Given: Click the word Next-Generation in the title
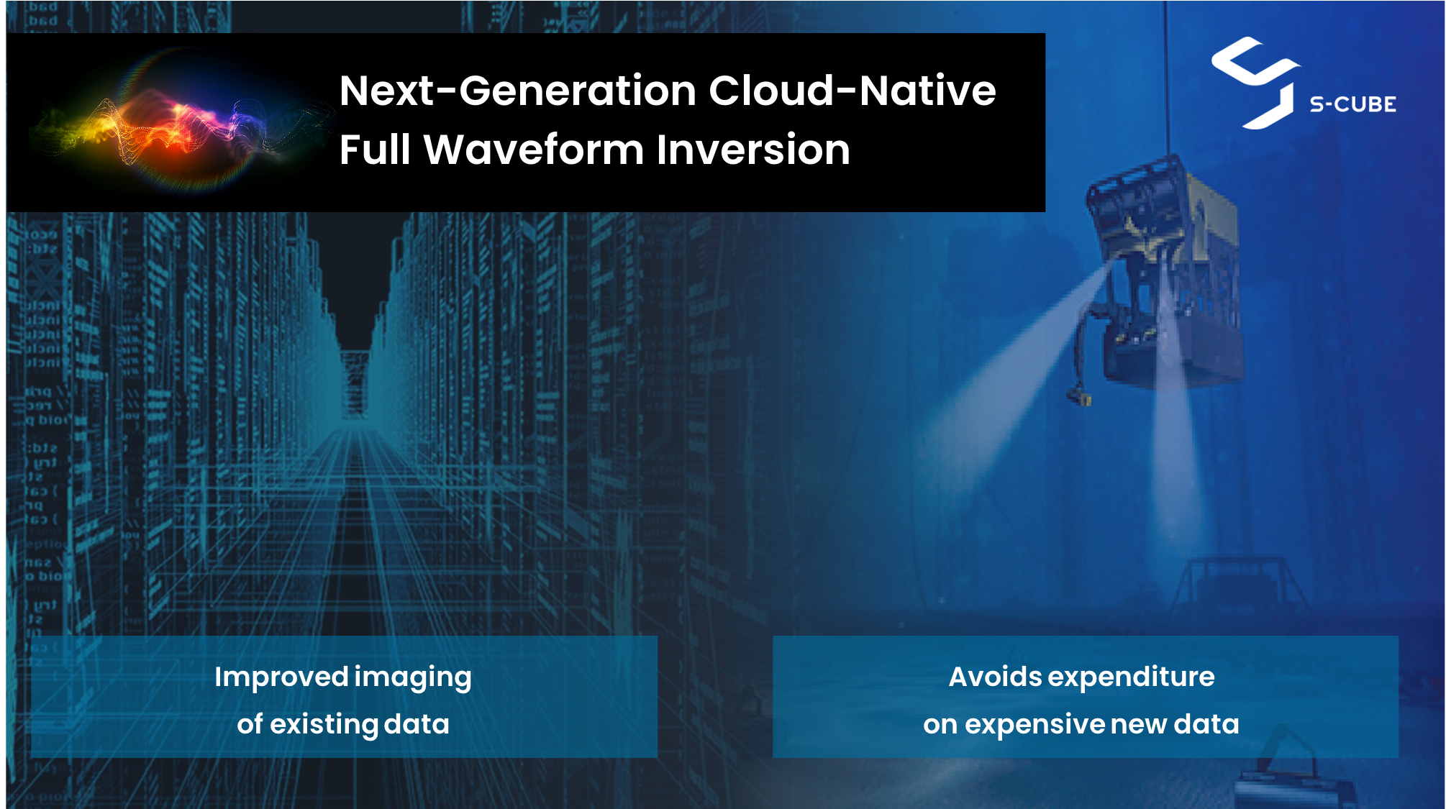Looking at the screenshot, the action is (518, 91).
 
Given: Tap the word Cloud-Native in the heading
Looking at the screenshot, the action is (852, 91).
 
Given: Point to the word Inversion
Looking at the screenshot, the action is (753, 150).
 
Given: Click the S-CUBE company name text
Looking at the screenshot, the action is (1352, 105).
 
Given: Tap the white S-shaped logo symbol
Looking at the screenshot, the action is (1255, 83).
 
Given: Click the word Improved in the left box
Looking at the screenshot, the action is (281, 677).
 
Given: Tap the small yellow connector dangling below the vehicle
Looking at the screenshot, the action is (1078, 396).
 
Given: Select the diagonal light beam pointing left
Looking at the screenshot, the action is (1007, 374).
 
